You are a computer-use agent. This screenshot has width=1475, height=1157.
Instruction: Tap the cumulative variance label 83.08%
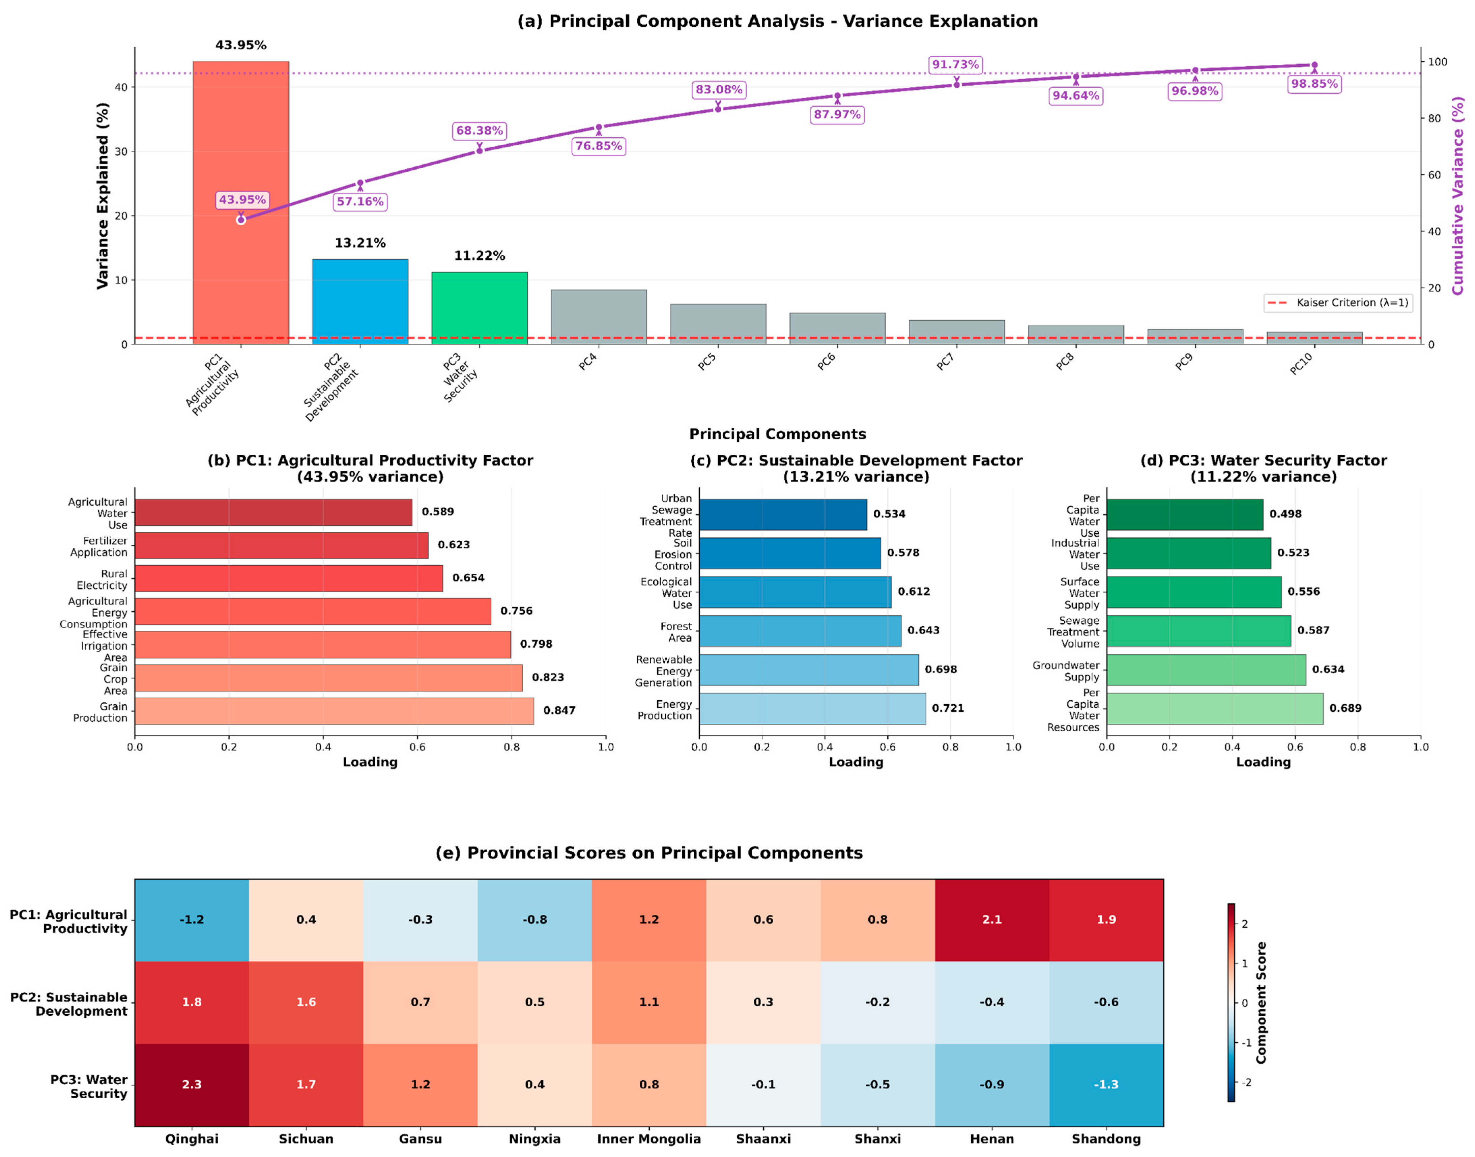pos(719,89)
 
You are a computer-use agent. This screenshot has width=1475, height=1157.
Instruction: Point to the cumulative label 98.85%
pos(1314,84)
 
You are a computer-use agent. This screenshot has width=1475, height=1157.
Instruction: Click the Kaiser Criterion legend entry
pos(1337,303)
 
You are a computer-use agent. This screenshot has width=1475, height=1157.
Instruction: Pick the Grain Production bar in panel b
pos(334,711)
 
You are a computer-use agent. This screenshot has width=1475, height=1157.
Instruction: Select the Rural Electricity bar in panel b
pos(289,578)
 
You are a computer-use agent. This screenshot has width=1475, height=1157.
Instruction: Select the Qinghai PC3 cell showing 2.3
pos(192,1084)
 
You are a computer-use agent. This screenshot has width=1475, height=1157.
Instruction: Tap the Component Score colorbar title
pos(1261,1003)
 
